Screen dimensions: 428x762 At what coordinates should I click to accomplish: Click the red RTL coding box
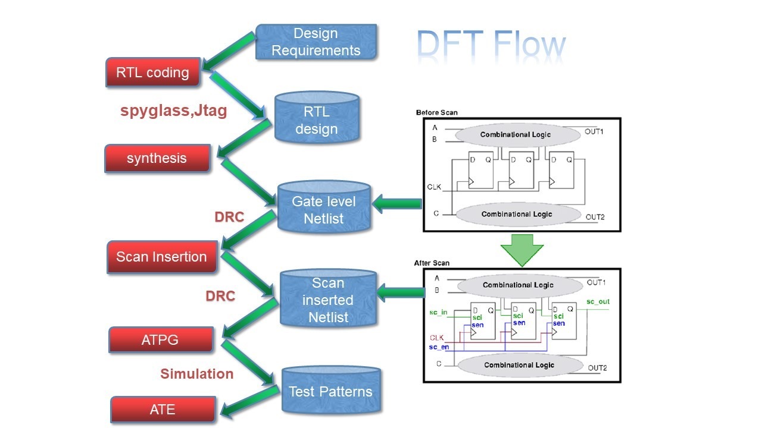(152, 73)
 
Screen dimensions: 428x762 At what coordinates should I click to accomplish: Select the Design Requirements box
(316, 42)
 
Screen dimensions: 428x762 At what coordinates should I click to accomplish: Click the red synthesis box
(157, 158)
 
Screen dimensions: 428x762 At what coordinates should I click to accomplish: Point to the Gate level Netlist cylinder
(324, 208)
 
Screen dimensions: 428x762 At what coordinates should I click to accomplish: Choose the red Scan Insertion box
(161, 257)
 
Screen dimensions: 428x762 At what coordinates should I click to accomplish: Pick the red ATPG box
(161, 340)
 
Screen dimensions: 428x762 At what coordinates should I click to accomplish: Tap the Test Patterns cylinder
(330, 391)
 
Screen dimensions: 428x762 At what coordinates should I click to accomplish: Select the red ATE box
(163, 409)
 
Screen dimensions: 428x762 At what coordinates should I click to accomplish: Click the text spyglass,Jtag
(173, 111)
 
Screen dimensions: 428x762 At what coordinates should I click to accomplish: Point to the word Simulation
(196, 373)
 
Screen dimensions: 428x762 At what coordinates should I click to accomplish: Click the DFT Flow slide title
(491, 45)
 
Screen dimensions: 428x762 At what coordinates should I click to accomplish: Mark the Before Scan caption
(437, 112)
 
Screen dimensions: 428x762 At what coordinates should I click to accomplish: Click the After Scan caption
(432, 263)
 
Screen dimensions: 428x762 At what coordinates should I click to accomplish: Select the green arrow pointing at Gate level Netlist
(398, 204)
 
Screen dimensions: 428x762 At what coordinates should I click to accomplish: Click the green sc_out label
(598, 302)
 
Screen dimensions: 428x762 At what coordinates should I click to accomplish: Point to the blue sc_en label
(439, 347)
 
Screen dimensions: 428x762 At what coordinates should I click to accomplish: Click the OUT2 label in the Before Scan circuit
(595, 217)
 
